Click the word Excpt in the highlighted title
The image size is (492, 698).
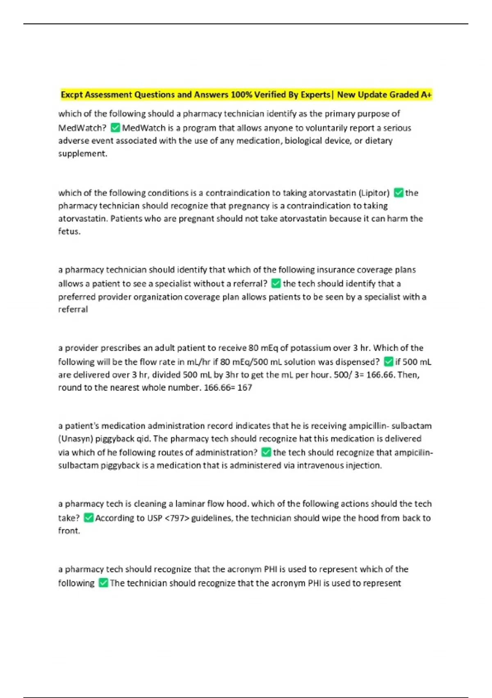tap(72, 95)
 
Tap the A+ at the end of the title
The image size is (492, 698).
tap(426, 95)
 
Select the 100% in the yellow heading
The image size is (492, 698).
tap(241, 95)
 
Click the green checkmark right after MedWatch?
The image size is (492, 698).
tap(115, 128)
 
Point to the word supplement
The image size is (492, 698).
tap(82, 154)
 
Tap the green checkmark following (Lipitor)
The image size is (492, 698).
tap(398, 193)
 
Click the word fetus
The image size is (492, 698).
tap(69, 232)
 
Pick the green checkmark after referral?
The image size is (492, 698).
tap(276, 284)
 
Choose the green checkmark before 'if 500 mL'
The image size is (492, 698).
tap(388, 362)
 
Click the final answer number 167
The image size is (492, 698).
tap(244, 388)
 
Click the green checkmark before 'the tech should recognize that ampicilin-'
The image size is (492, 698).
tap(266, 452)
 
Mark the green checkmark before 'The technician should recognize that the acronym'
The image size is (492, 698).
tap(103, 583)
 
